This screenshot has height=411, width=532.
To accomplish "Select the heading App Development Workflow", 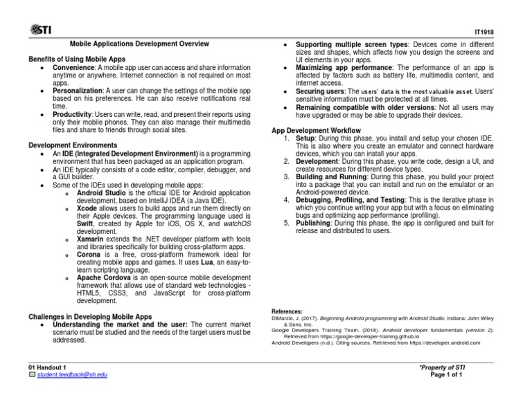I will coord(317,130).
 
